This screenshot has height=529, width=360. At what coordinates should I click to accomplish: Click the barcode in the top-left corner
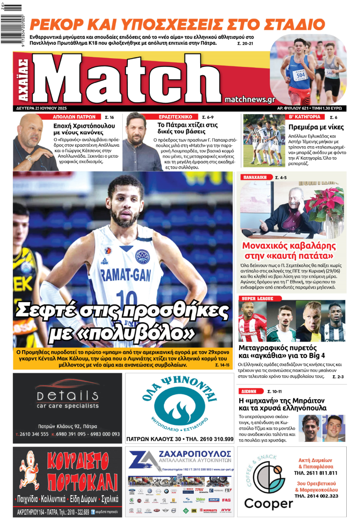coord(11,7)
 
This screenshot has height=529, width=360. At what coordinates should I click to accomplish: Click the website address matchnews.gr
coord(250,99)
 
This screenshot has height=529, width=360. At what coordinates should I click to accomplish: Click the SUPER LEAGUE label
coord(255,298)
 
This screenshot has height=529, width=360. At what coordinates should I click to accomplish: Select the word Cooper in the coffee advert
coord(268,503)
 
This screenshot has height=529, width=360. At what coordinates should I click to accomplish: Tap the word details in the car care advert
coord(67,396)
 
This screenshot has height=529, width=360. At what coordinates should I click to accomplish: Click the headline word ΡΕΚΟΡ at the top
coord(58,24)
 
